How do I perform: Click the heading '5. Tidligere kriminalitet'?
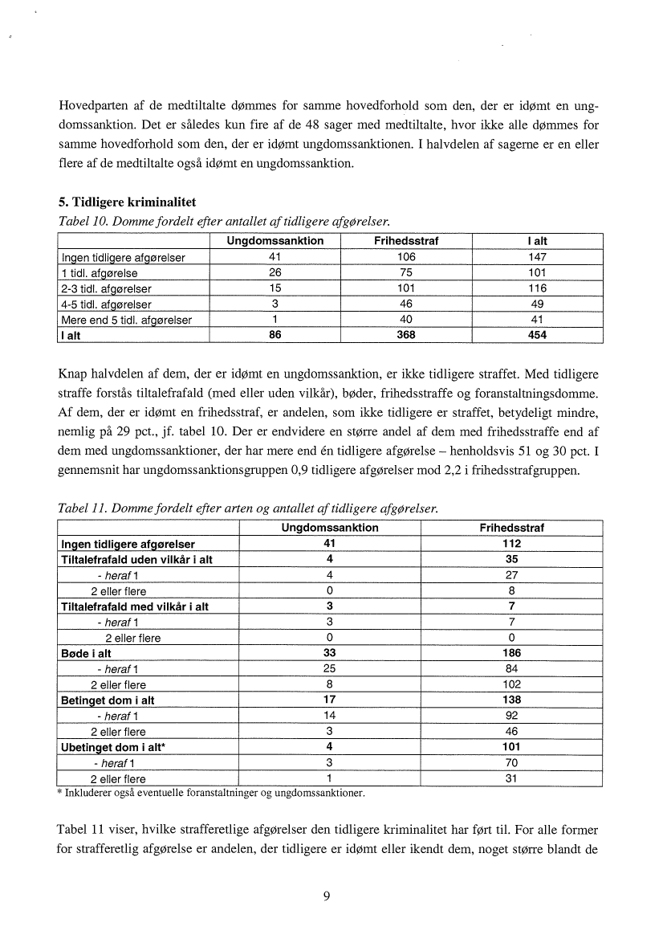127,201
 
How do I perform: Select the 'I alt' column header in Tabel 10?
537,242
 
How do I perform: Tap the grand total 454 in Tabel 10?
537,336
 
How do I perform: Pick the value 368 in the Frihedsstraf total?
406,336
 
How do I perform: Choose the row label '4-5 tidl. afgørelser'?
106,304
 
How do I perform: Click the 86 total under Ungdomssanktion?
275,336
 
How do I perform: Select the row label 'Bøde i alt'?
86,654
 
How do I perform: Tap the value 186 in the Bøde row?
512,654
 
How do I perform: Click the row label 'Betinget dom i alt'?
108,700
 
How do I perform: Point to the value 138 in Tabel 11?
512,700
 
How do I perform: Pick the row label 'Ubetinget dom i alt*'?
113,747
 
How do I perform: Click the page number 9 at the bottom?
327,898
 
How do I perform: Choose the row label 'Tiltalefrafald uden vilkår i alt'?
136,560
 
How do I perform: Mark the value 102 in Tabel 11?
512,685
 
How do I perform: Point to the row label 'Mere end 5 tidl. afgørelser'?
126,320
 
